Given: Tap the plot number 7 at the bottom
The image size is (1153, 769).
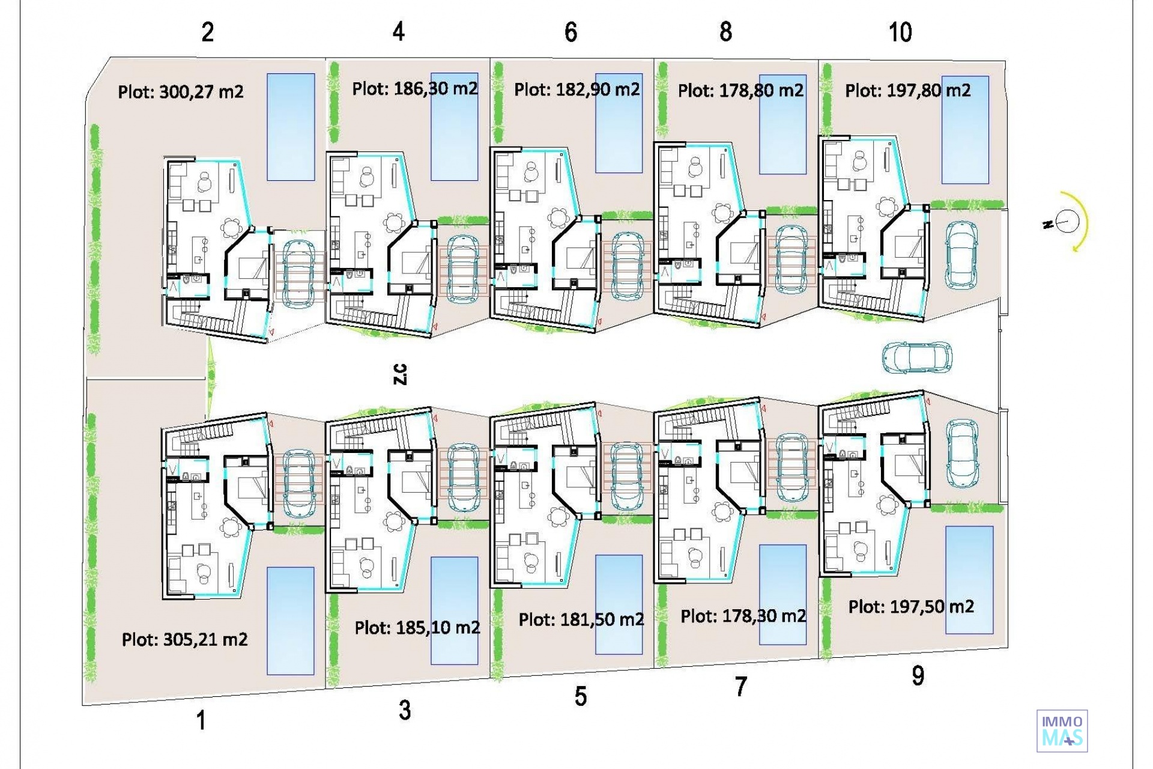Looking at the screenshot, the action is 741,687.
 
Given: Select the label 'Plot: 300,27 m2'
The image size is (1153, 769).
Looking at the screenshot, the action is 181,92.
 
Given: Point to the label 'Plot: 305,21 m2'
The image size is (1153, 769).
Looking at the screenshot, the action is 184,639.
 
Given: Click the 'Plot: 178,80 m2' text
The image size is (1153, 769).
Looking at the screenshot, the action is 740,90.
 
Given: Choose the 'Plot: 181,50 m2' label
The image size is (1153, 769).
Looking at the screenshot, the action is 581,619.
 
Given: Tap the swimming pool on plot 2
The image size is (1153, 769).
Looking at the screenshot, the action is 291,127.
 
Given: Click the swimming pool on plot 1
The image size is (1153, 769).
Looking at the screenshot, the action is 291,621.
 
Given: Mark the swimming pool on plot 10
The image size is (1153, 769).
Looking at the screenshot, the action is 965,130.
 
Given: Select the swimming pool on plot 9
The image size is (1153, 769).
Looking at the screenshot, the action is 969,580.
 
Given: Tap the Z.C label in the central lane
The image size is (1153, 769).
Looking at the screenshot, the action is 400,374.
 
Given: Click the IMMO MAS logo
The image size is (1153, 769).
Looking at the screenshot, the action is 1062,731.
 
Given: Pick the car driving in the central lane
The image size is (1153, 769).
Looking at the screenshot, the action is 917,357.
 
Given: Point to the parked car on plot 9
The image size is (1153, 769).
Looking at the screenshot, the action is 962,453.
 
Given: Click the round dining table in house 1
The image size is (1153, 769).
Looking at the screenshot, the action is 231,528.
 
